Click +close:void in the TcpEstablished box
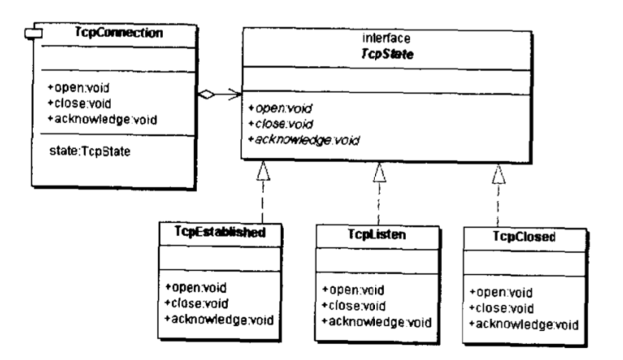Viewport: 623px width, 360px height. click(x=191, y=303)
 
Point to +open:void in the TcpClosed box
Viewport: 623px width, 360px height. click(x=494, y=292)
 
